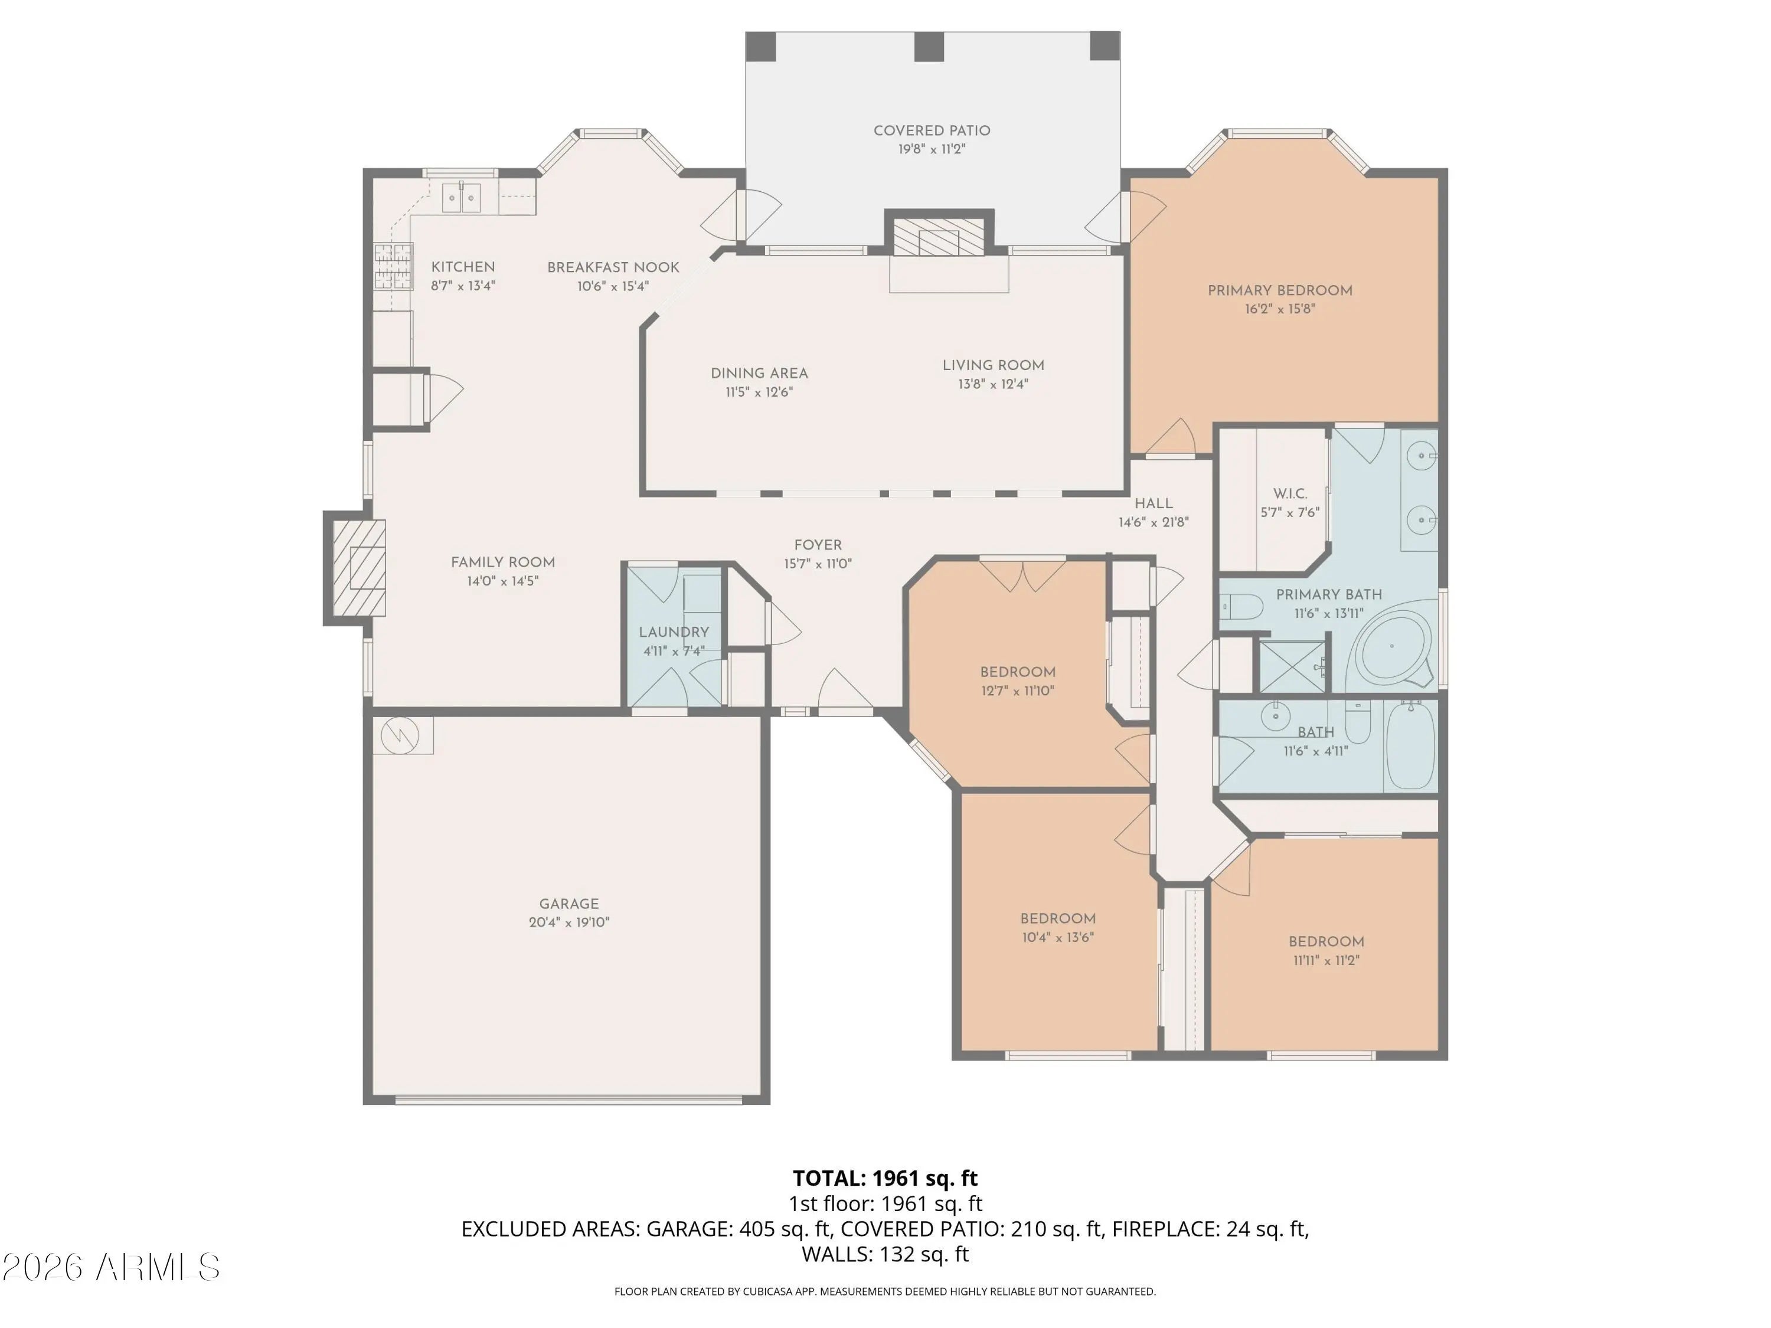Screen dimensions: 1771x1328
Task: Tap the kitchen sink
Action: (462, 197)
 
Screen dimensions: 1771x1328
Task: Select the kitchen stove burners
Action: (393, 266)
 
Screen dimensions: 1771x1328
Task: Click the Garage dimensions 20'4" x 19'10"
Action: (568, 922)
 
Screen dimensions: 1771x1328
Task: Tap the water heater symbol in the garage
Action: (400, 735)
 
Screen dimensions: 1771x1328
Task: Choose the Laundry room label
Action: (674, 632)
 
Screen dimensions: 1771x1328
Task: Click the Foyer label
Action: (818, 545)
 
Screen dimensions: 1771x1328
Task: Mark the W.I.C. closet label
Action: (1290, 494)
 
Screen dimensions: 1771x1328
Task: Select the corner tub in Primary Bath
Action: (1391, 647)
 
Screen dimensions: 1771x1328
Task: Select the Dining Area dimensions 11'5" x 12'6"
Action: (759, 392)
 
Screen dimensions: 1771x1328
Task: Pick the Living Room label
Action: (993, 365)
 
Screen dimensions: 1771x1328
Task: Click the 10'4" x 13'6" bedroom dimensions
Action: (1058, 937)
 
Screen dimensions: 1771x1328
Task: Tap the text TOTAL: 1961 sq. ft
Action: (885, 1178)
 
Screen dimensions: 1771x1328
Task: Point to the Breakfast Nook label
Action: (613, 267)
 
